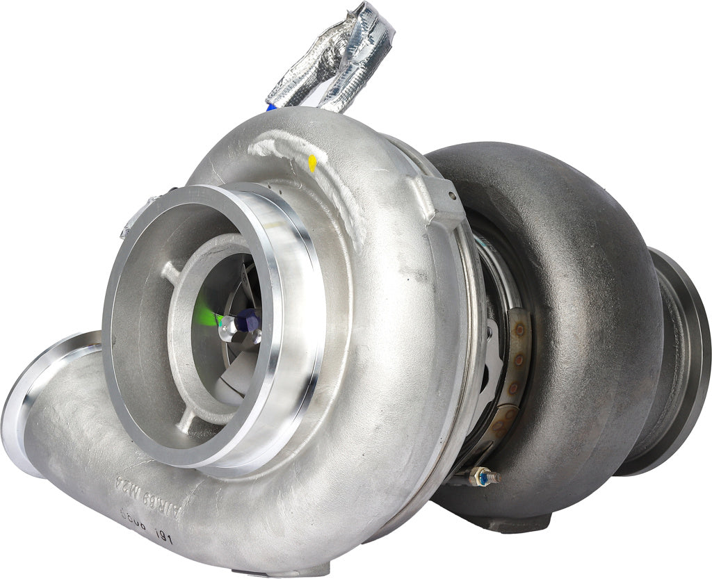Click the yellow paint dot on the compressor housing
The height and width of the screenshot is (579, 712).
coord(312,163)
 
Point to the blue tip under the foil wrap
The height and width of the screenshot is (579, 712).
coord(271,107)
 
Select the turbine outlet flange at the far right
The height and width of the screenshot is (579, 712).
coord(685,361)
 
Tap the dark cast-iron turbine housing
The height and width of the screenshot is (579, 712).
coord(584,292)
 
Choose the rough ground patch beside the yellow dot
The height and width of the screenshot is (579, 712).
coord(278,149)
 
